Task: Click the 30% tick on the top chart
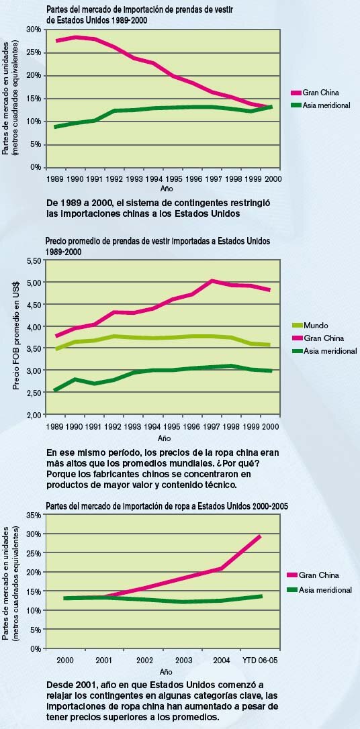point(35,30)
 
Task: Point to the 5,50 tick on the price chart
point(35,261)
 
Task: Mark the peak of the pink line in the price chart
point(212,281)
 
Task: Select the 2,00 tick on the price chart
point(35,414)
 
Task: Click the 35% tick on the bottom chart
point(35,516)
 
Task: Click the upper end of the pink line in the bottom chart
point(259,536)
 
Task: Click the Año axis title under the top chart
point(166,189)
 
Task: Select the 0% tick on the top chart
point(37,167)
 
